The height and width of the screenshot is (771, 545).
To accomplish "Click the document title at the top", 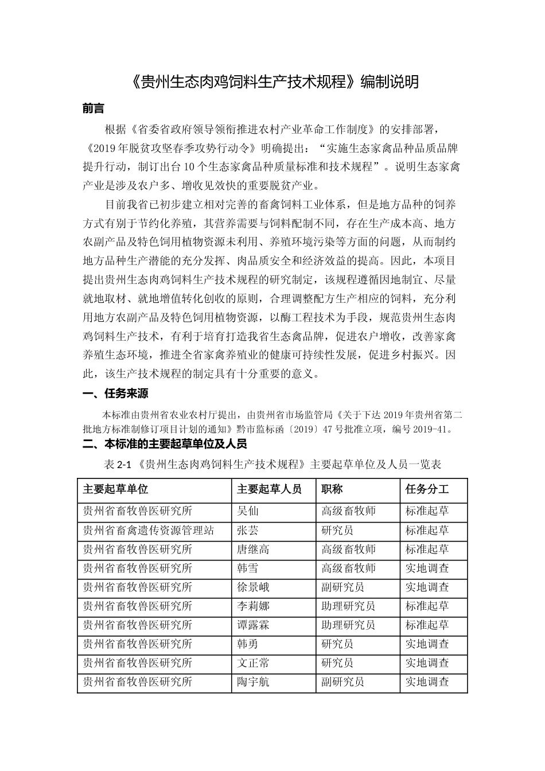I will point(272,82).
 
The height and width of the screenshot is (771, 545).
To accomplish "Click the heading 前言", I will point(93,108).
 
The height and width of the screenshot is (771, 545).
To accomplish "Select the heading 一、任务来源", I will point(115,394).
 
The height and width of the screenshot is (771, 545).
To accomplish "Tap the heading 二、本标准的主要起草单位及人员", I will point(165,444).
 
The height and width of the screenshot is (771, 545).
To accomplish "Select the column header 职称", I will point(332,489).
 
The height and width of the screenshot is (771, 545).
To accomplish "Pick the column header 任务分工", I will point(427,489).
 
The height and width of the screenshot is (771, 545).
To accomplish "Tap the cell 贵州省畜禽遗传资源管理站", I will point(148,530).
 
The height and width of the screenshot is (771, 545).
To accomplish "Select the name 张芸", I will point(248,530).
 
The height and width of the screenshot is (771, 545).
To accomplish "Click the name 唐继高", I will point(253,549).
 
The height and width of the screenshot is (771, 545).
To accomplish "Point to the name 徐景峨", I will point(253,587).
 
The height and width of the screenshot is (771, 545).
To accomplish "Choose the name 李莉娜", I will point(253,606).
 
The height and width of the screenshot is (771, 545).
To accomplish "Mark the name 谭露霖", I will point(253,625).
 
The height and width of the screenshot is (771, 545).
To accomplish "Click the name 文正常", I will point(253,663).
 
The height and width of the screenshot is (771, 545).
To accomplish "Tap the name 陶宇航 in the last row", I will point(253,682).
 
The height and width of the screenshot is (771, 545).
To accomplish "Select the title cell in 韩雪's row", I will point(348,568).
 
